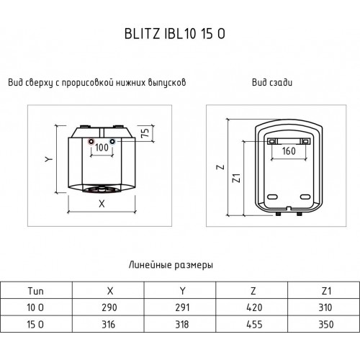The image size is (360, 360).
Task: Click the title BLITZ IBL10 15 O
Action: pos(175,34)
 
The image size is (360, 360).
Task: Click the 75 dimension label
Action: pos(145,133)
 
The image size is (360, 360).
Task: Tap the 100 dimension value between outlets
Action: pos(102,148)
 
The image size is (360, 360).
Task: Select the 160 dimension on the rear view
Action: pos(289,151)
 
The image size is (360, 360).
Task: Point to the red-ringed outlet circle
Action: pos(91,142)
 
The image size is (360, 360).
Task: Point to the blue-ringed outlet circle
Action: pos(112,142)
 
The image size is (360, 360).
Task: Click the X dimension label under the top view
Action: pos(102,204)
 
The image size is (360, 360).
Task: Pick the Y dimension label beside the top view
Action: pos(49,159)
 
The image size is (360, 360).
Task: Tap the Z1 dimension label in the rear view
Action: pos(237,178)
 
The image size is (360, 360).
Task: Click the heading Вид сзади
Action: pos(272,83)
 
